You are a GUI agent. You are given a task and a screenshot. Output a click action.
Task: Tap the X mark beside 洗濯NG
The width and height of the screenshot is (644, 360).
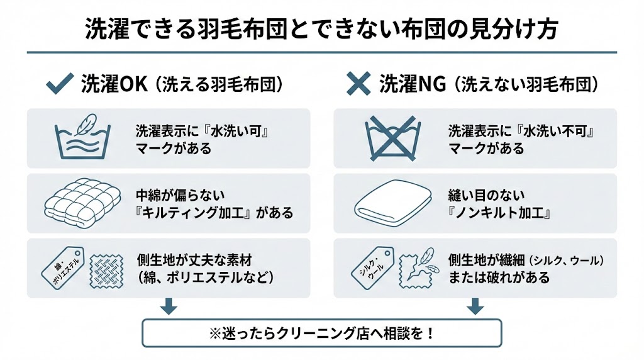(359, 84)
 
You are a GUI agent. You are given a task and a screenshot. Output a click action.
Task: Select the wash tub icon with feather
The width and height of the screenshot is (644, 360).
(83, 137)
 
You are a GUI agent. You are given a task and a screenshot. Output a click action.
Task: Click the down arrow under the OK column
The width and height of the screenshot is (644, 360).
(168, 307)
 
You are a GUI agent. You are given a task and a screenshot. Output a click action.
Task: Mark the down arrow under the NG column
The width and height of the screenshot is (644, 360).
(475, 307)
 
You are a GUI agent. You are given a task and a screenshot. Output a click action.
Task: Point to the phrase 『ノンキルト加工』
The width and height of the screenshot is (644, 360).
(500, 212)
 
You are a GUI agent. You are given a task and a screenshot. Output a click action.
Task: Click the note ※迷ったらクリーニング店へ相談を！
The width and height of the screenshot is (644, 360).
(321, 333)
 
